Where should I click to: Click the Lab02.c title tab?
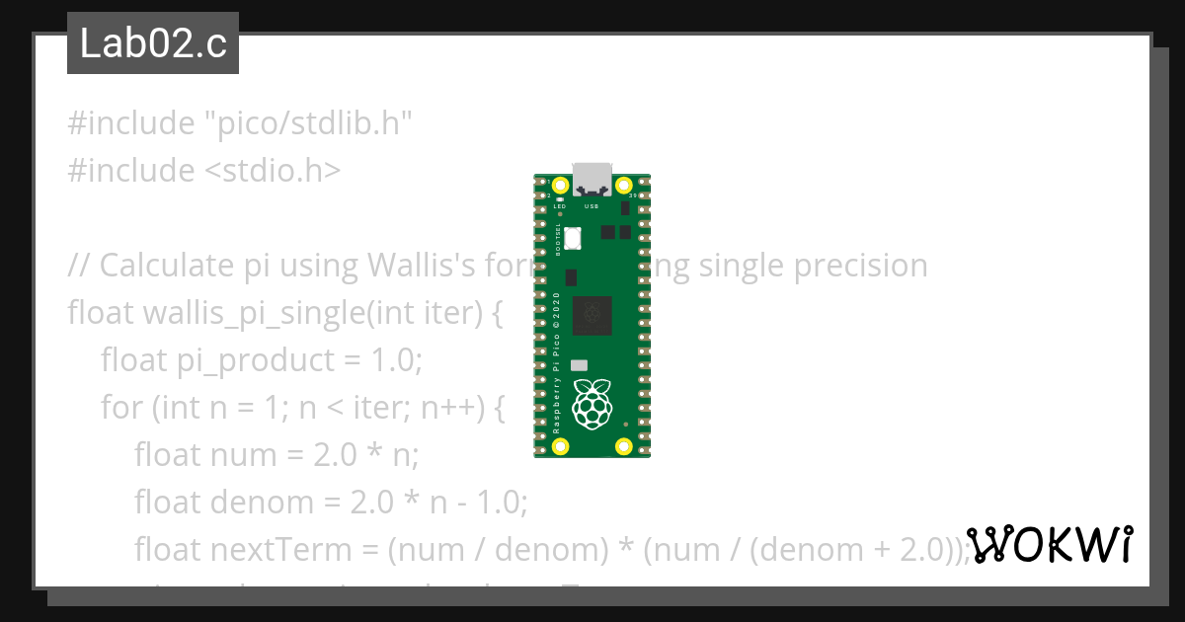(x=153, y=43)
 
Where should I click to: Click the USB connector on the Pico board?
(x=592, y=179)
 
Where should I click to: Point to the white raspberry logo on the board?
(x=592, y=404)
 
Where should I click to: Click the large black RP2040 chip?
(x=592, y=314)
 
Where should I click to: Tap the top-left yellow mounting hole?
(x=561, y=186)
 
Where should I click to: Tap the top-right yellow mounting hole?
(x=623, y=186)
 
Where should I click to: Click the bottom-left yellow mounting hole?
(x=561, y=446)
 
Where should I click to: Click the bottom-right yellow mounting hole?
(x=623, y=446)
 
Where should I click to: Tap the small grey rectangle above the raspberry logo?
(x=579, y=365)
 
